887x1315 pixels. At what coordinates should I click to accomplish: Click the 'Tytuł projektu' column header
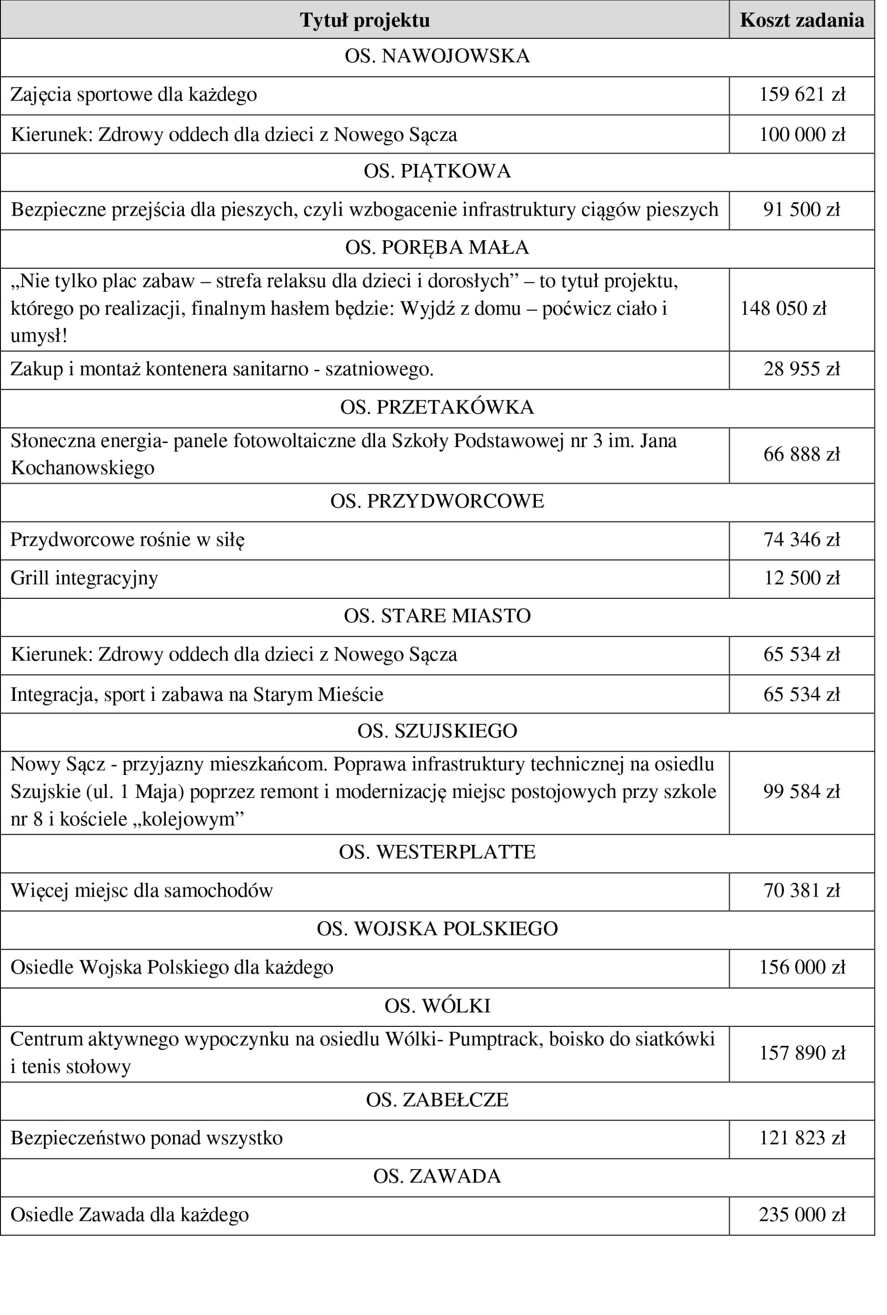[365, 20]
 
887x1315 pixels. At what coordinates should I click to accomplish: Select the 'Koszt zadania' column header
[802, 20]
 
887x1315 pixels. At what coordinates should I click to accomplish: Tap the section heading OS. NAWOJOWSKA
[437, 56]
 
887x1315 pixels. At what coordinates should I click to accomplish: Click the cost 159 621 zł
[802, 94]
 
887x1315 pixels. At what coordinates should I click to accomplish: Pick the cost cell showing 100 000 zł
[802, 134]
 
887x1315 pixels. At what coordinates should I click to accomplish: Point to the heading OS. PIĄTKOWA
[437, 171]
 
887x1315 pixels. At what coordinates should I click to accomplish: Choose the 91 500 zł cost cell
[802, 210]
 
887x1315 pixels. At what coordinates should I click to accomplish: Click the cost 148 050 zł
[783, 309]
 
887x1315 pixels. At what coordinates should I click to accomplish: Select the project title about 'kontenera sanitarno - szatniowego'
[222, 369]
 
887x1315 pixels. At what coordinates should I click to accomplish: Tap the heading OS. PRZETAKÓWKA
[437, 408]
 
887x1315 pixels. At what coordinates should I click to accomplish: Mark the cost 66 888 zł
[802, 454]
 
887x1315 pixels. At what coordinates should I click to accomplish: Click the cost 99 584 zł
[802, 791]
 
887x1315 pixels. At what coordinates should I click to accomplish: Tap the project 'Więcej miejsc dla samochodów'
[141, 890]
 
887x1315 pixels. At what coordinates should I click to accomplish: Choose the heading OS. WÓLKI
[437, 1006]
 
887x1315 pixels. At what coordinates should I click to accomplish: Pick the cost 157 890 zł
[802, 1053]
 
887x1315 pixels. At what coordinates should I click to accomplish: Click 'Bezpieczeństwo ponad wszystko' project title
[146, 1138]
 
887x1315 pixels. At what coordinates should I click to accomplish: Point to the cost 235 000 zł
[802, 1215]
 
